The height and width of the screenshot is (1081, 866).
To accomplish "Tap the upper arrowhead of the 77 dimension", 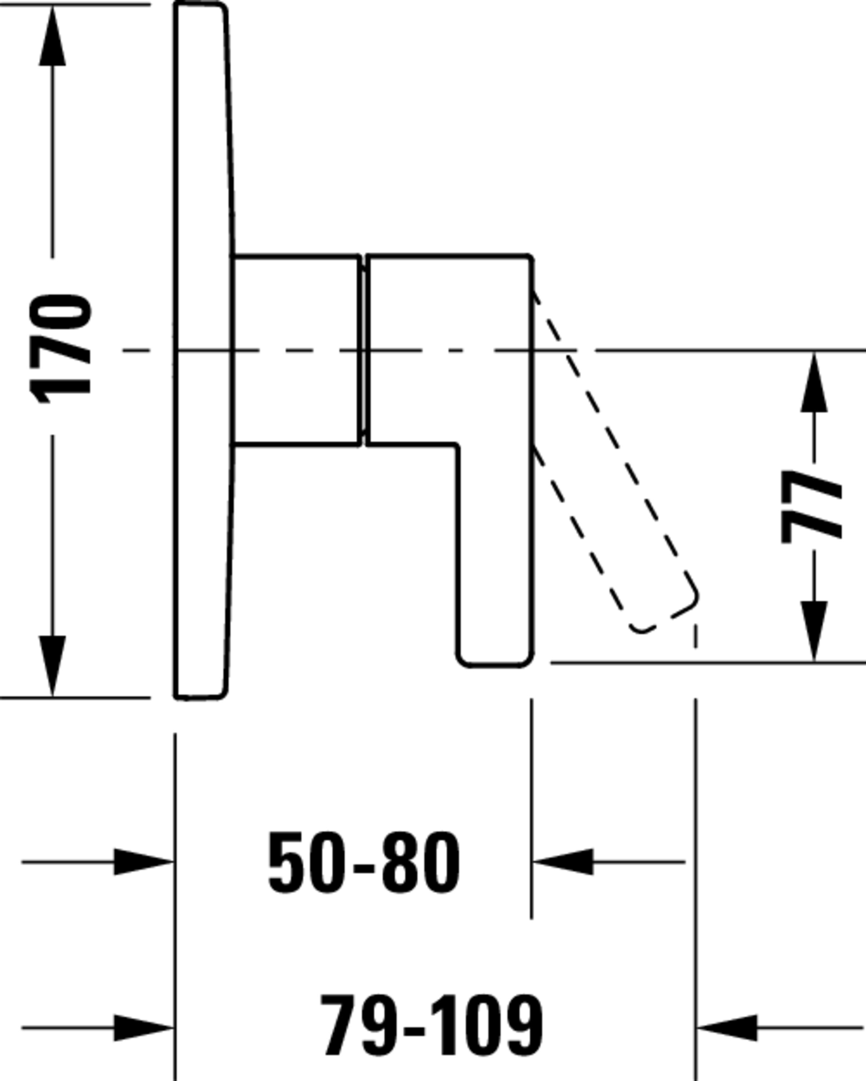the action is [x=814, y=382].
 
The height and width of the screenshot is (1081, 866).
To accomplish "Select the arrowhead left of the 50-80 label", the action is [x=144, y=862].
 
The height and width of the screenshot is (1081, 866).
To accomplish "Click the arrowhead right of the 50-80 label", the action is [x=563, y=862].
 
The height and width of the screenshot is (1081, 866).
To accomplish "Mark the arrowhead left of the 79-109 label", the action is [x=144, y=1028].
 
